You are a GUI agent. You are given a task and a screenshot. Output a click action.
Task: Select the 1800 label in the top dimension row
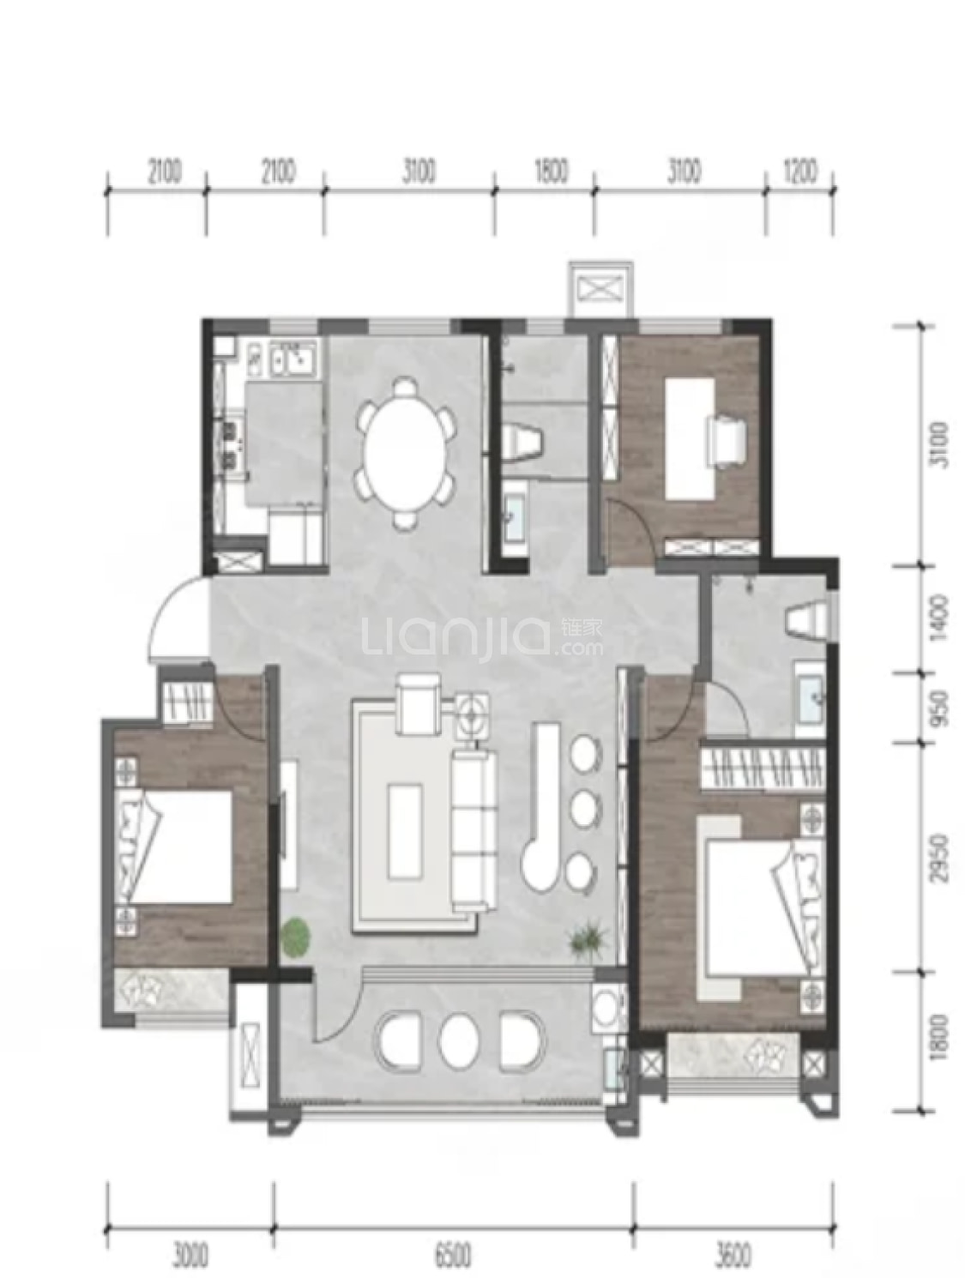(550, 172)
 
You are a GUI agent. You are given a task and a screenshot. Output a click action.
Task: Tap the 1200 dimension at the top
(800, 172)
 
